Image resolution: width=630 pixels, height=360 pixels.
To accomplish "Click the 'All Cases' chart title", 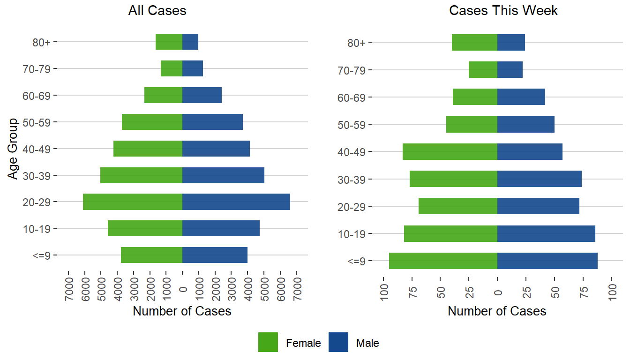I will (157, 11).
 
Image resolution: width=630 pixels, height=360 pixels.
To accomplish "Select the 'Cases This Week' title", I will (503, 11).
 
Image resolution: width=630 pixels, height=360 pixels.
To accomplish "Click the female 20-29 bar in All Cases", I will (133, 202).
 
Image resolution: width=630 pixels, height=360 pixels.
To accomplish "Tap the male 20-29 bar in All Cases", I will (236, 202).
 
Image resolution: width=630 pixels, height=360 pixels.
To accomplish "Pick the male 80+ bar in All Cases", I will (190, 42).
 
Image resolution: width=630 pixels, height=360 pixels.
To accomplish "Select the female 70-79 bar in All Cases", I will (172, 68).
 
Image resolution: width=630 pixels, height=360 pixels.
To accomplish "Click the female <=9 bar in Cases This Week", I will (443, 261).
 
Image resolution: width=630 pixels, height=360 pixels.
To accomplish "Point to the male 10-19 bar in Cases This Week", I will (546, 233).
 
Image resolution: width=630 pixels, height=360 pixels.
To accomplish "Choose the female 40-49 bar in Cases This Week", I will (450, 151).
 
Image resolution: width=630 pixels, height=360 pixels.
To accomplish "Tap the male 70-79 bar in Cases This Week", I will (510, 70).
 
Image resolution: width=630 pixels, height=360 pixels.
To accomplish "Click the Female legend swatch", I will (268, 342).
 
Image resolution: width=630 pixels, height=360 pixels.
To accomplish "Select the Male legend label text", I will (367, 343).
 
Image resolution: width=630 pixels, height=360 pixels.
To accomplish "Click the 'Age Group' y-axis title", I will (13, 149).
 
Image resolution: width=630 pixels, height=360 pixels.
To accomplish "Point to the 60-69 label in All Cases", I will (39, 96).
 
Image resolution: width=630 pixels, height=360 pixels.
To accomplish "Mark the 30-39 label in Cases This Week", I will (354, 180).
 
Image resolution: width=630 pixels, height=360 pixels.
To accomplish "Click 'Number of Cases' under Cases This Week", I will (497, 311).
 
